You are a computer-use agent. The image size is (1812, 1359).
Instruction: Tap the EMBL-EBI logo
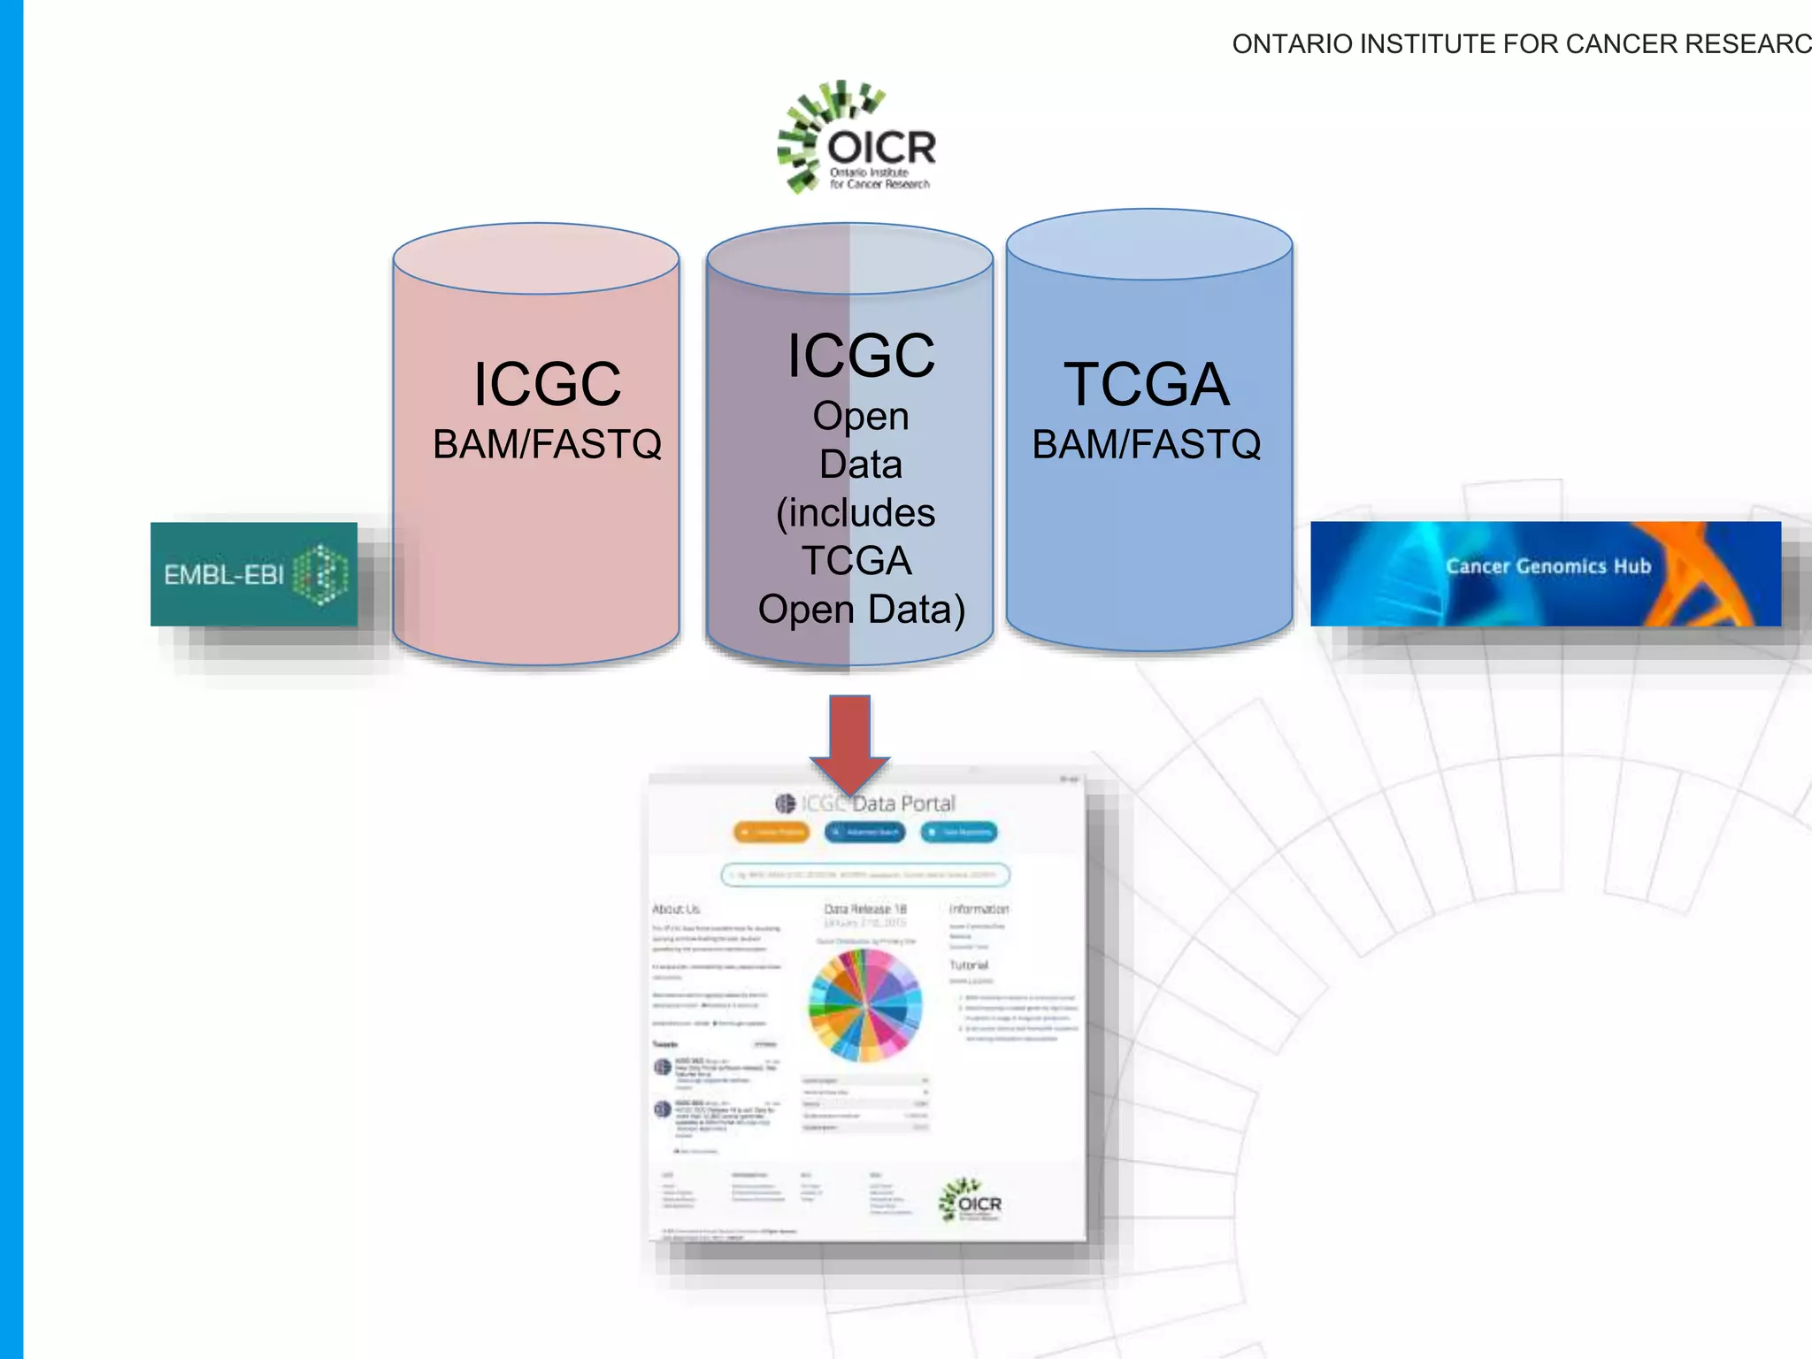tap(254, 574)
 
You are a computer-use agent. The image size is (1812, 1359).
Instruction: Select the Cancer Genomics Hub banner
tap(1545, 573)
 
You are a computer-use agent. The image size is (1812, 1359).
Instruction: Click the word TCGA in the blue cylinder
tap(1147, 385)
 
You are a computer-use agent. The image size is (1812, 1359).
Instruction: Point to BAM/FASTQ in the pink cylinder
tap(547, 444)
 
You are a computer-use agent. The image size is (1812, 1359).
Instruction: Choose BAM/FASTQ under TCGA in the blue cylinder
tap(1147, 444)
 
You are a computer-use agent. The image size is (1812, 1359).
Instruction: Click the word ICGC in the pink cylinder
tap(547, 385)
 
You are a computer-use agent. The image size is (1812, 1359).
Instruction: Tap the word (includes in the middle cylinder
tap(856, 513)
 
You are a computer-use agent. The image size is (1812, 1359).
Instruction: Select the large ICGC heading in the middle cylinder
tap(861, 356)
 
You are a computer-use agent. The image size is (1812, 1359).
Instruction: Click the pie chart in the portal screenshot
tap(864, 1005)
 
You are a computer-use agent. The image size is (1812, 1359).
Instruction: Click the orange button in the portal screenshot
tap(772, 833)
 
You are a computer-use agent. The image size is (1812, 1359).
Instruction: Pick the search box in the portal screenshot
tap(865, 875)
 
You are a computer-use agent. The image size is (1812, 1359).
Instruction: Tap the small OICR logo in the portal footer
tap(971, 1201)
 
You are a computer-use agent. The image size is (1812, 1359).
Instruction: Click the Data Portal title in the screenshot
tap(903, 803)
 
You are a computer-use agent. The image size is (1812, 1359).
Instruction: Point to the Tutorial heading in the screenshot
tap(969, 965)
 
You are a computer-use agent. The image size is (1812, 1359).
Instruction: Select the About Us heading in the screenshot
tap(676, 909)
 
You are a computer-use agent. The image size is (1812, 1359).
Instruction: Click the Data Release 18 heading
tap(865, 909)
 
